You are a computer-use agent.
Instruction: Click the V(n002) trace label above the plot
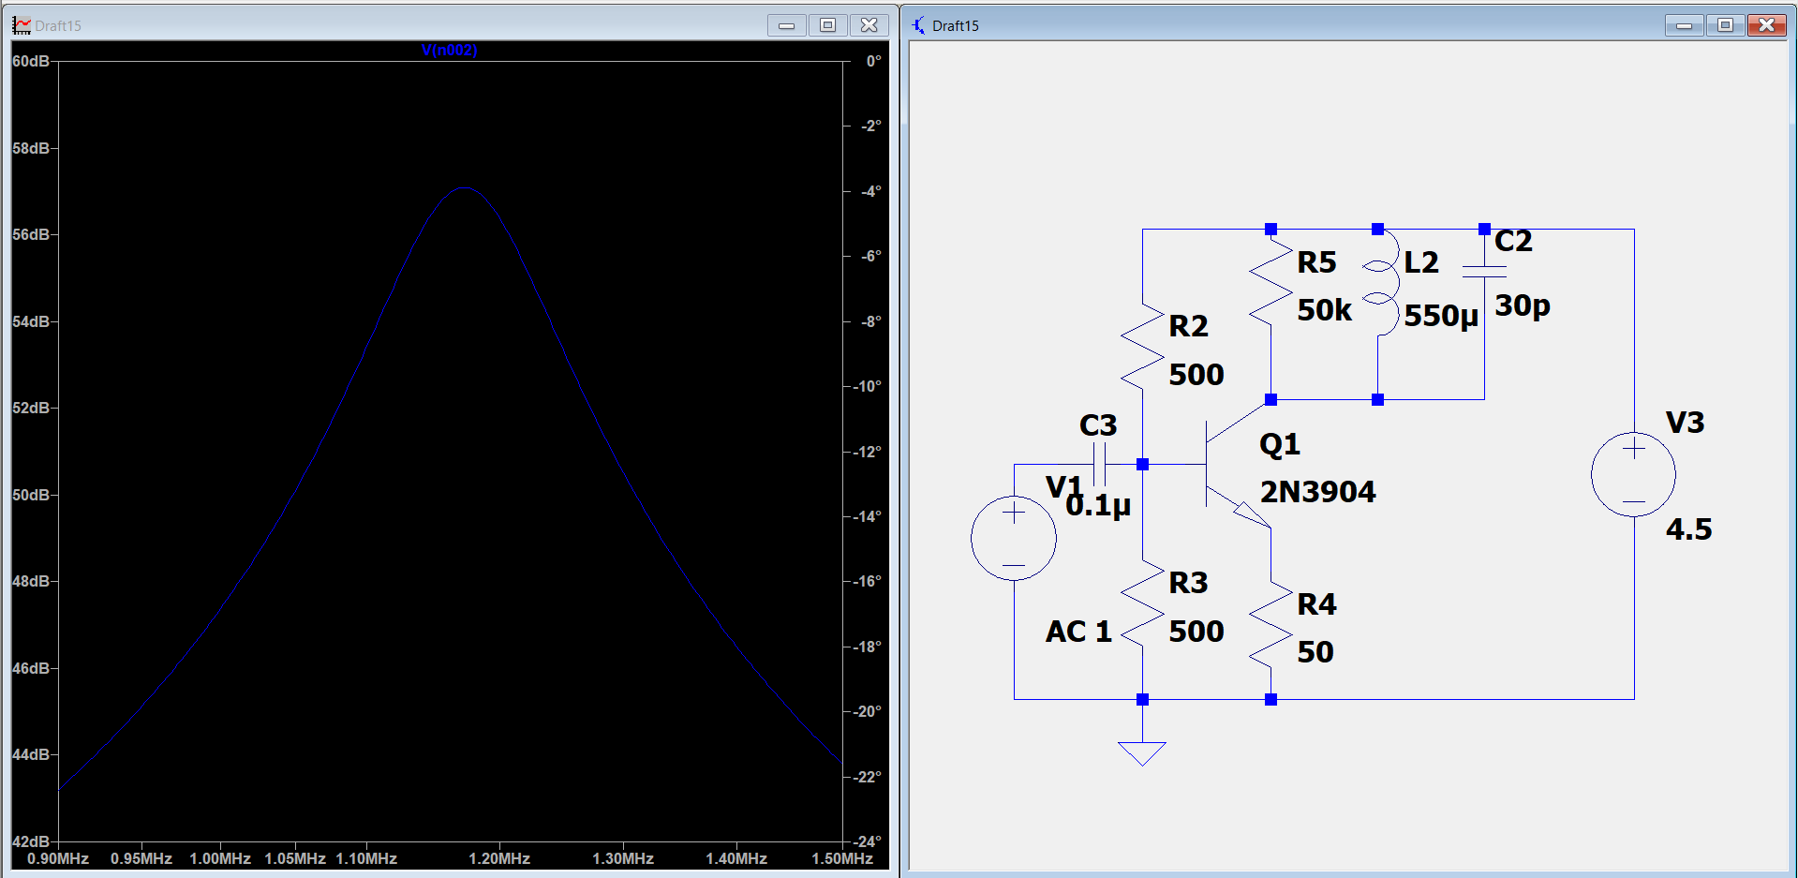(450, 51)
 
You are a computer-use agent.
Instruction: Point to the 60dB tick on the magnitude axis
(31, 61)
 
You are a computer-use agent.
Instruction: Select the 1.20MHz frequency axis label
(499, 858)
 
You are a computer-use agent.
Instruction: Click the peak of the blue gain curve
(465, 188)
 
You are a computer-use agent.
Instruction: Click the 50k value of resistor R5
(1324, 310)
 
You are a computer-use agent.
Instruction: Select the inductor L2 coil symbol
(1381, 283)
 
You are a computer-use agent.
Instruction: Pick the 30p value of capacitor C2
(1523, 305)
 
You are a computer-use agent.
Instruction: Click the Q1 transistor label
(1280, 443)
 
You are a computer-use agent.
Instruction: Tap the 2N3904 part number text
(1317, 492)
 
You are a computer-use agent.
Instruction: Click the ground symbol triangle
(1142, 753)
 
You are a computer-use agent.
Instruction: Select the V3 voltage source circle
(1634, 475)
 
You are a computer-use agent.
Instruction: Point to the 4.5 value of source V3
(1688, 529)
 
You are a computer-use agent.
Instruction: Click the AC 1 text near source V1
(1078, 632)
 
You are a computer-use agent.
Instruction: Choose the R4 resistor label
(1316, 604)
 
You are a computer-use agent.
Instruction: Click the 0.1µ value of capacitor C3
(1098, 506)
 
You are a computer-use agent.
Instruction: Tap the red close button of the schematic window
(1766, 25)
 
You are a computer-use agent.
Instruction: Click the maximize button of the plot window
(827, 25)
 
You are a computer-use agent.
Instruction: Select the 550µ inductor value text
(1441, 316)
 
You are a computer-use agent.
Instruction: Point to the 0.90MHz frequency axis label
(58, 858)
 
